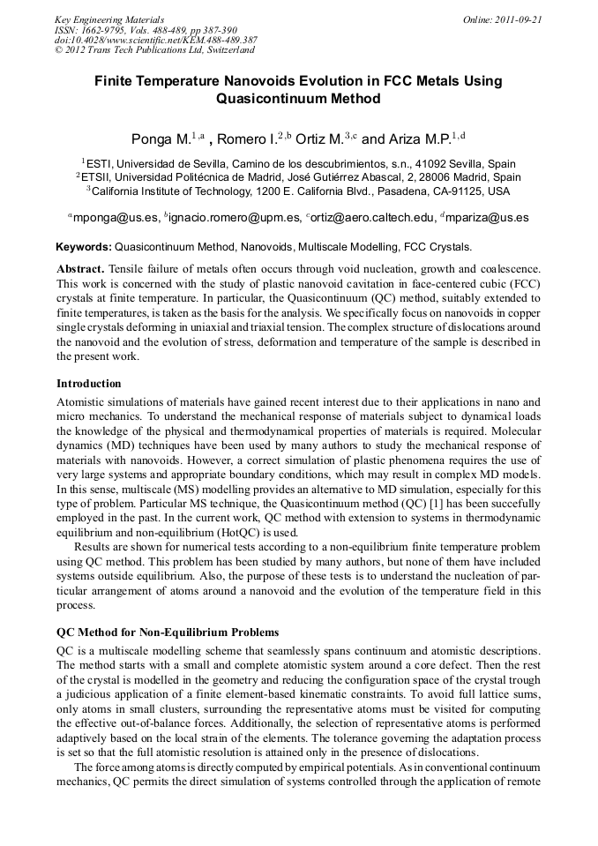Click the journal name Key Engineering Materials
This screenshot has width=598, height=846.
(109, 19)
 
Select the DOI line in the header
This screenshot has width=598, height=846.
(155, 41)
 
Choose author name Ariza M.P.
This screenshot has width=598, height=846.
(421, 139)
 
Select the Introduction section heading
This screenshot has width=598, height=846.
(88, 384)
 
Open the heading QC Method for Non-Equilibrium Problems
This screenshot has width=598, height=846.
(168, 633)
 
